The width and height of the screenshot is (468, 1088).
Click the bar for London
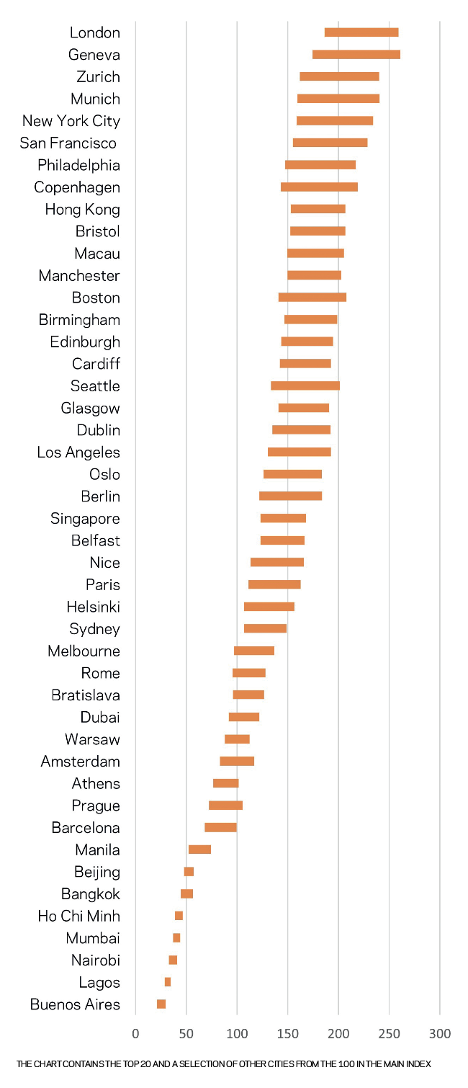click(x=361, y=32)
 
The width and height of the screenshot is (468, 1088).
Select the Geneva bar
click(x=356, y=55)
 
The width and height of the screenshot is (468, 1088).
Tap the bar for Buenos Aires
click(x=161, y=1004)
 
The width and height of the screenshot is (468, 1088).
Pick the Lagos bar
click(x=168, y=981)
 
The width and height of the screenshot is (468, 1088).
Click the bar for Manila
click(x=199, y=850)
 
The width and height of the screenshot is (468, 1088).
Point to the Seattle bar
click(x=305, y=385)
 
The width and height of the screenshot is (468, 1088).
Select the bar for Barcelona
click(x=220, y=827)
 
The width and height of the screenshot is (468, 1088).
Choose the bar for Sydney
click(x=265, y=628)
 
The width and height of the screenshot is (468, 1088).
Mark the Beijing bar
click(x=189, y=872)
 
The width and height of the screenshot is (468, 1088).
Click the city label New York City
click(x=71, y=121)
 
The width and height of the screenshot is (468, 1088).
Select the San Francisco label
click(x=68, y=143)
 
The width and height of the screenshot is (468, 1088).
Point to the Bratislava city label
click(x=86, y=695)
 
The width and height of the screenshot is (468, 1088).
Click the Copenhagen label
click(x=77, y=187)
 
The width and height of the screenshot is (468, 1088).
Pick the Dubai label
click(x=100, y=718)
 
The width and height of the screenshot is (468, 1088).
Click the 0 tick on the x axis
click(x=135, y=1034)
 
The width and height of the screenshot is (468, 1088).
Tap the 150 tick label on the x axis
click(x=288, y=1034)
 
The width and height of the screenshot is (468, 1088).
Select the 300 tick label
click(x=440, y=1034)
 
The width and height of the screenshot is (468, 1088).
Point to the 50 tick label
click(x=186, y=1034)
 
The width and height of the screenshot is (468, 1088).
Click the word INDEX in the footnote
click(x=419, y=1064)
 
